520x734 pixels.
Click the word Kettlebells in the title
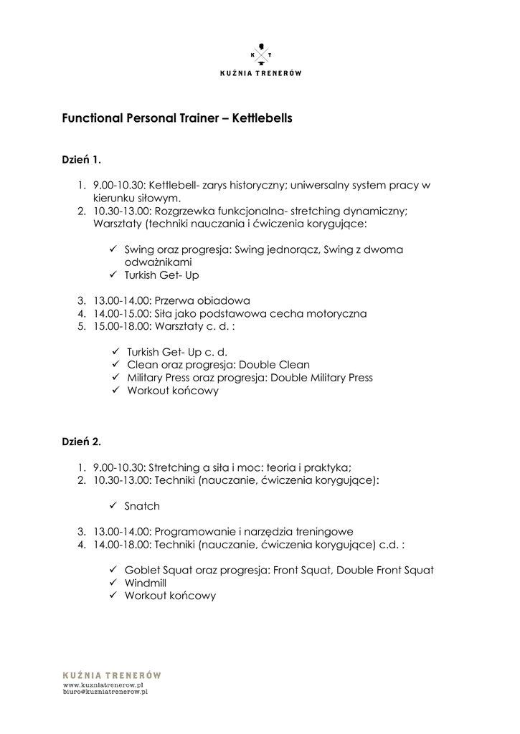click(x=263, y=118)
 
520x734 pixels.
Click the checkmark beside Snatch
click(x=113, y=505)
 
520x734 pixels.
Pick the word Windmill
click(x=145, y=583)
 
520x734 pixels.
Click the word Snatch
click(x=142, y=506)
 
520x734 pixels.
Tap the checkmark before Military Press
click(x=116, y=378)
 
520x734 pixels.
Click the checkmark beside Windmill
click(x=113, y=583)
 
